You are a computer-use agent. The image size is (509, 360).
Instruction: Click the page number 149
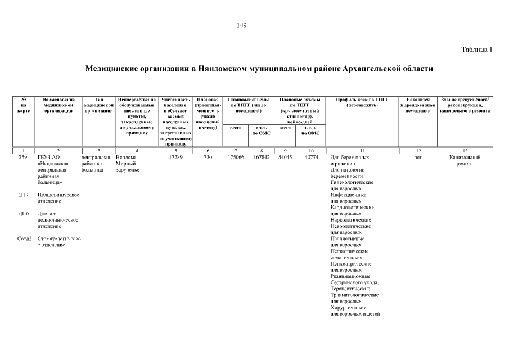(x=242, y=25)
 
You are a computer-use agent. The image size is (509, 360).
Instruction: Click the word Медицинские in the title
(x=111, y=69)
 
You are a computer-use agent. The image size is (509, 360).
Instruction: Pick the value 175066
(x=236, y=157)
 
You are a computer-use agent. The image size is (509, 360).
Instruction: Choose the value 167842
(x=262, y=157)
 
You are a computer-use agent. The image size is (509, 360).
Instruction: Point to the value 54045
(x=285, y=157)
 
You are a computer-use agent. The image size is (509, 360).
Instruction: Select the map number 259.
(x=24, y=157)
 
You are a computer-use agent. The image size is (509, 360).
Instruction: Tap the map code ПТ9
(x=24, y=195)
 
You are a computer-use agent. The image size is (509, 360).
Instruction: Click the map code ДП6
(x=24, y=214)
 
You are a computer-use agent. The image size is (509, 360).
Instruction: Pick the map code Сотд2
(x=24, y=238)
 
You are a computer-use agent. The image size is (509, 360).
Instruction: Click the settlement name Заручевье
(x=127, y=170)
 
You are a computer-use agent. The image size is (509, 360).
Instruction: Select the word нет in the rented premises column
(x=417, y=157)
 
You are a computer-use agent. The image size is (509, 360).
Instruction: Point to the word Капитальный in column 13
(x=465, y=157)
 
